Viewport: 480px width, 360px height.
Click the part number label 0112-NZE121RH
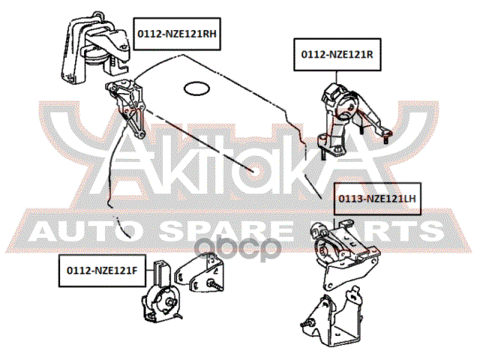tap(177, 34)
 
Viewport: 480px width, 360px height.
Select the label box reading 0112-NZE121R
tap(337, 55)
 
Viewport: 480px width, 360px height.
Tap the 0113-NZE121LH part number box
tap(377, 199)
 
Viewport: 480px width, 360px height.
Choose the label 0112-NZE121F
tap(102, 271)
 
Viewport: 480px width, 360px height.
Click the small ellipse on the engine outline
tap(196, 88)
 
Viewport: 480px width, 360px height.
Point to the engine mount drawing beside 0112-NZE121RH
tap(95, 47)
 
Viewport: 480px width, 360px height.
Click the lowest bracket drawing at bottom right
tap(332, 320)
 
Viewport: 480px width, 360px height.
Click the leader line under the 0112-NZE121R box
tap(337, 77)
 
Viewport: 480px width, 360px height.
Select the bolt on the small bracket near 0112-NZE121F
tap(215, 285)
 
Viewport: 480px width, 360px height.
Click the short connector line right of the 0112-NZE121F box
tap(150, 270)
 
